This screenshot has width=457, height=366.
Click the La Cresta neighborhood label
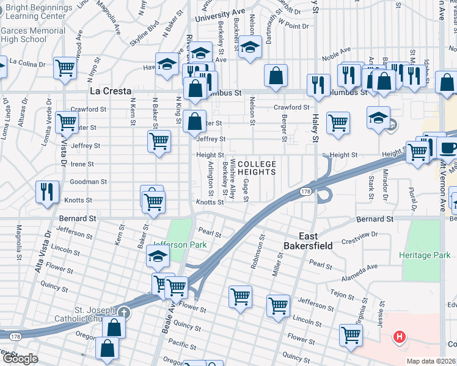(111, 91)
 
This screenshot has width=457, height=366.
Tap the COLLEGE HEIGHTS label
(257, 168)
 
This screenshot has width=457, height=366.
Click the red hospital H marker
(400, 336)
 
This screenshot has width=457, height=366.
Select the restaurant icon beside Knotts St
(47, 191)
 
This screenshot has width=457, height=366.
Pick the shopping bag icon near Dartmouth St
(276, 76)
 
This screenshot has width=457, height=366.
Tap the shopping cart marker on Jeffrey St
(159, 141)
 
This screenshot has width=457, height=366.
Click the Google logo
(20, 359)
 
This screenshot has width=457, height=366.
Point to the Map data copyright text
(431, 361)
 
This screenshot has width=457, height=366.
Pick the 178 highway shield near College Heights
(305, 192)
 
